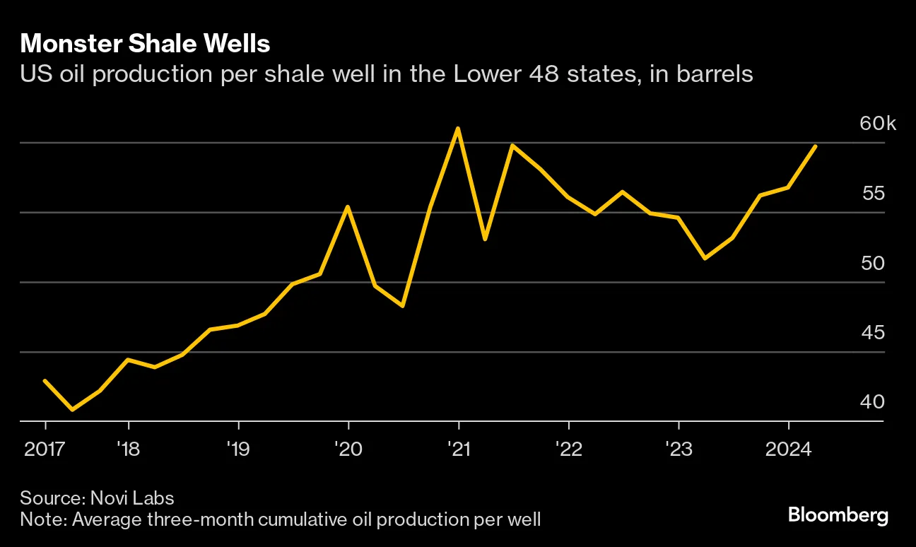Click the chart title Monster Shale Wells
(145, 44)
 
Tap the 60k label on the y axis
(877, 124)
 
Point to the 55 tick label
(872, 194)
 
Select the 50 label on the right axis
(872, 263)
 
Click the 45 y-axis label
(872, 332)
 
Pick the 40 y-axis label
(872, 401)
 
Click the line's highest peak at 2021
(458, 129)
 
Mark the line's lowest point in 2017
(72, 409)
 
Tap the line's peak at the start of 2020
(348, 207)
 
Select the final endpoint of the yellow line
(816, 146)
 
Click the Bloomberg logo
(838, 515)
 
